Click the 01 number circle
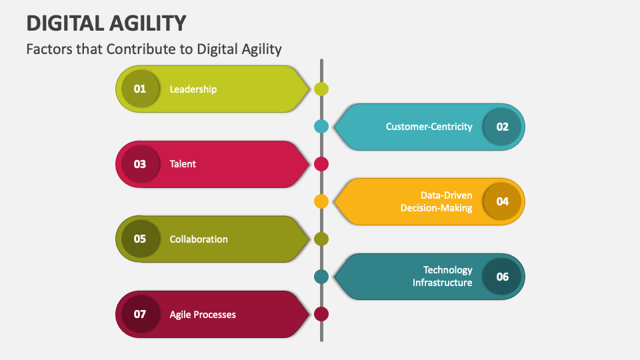[140, 89]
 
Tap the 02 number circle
[503, 127]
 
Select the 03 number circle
[140, 164]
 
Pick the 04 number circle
[503, 201]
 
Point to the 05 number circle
[140, 239]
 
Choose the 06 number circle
[503, 276]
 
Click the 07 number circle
[140, 314]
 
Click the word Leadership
[193, 89]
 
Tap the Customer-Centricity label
[429, 127]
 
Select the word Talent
[183, 164]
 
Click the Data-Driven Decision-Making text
[437, 201]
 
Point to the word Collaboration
[199, 239]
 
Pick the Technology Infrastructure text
[443, 276]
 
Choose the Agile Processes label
[203, 314]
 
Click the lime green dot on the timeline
[321, 89]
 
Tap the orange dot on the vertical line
[321, 201]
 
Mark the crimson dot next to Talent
[321, 164]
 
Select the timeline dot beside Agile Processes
[321, 314]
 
